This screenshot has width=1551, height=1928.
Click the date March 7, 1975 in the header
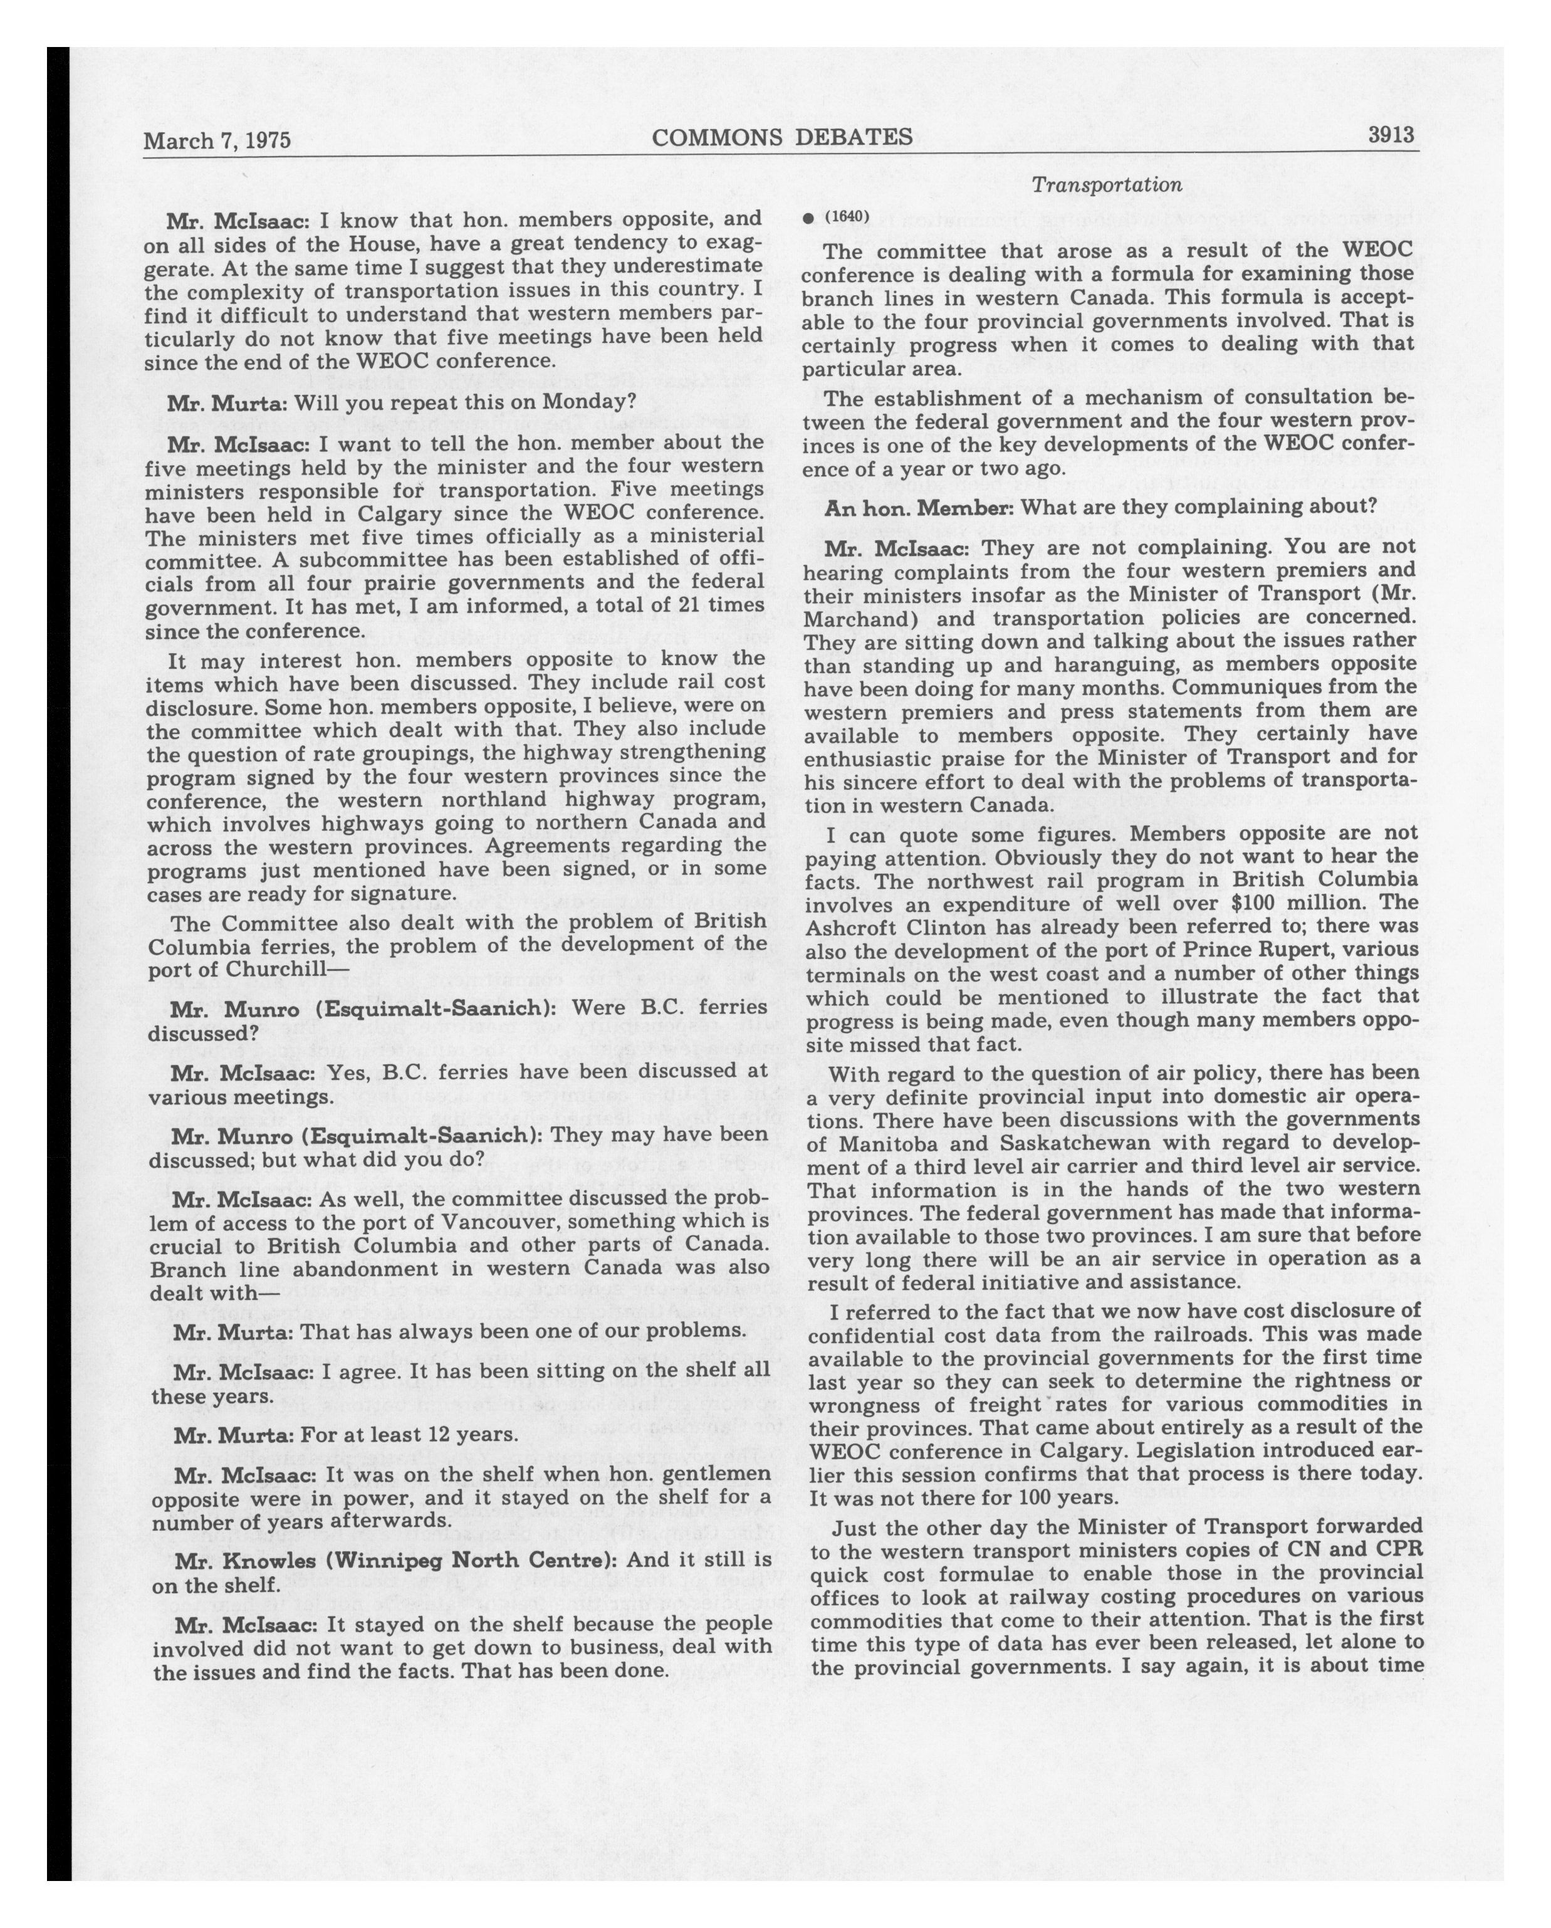tap(217, 141)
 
